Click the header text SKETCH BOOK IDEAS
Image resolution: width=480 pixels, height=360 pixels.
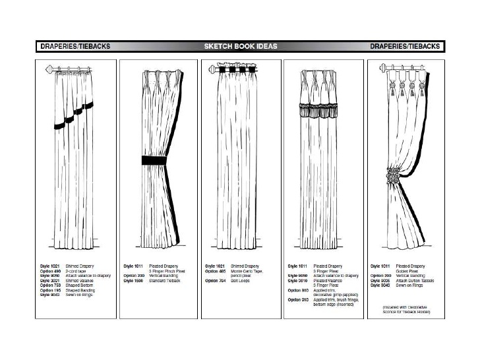(x=241, y=46)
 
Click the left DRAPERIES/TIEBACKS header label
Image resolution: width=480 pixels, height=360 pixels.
(x=75, y=46)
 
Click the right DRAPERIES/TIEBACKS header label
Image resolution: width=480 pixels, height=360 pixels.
(x=405, y=46)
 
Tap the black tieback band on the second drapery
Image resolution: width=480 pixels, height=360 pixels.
(x=155, y=160)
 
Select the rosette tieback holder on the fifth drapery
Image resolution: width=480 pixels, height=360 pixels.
(x=394, y=178)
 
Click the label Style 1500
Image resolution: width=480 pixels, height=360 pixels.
(x=133, y=280)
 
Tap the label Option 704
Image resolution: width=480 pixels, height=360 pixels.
(x=216, y=280)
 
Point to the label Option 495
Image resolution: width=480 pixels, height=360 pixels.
(x=216, y=270)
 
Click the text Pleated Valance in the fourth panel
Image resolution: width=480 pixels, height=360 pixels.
(x=326, y=280)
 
